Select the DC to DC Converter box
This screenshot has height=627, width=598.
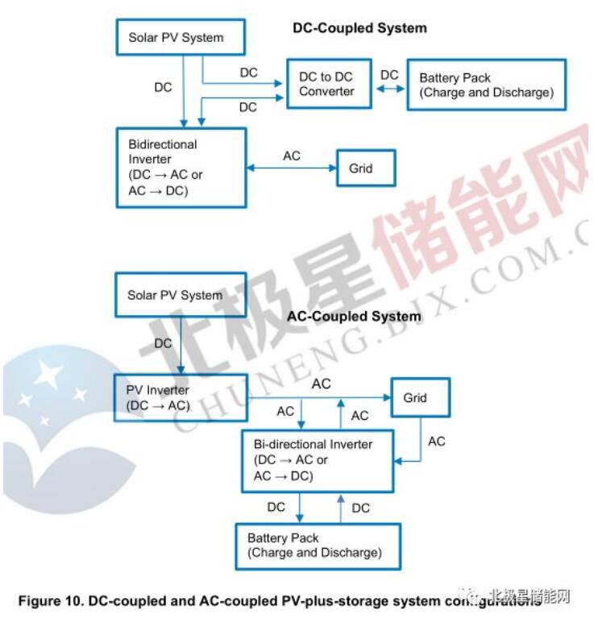pyautogui.click(x=328, y=85)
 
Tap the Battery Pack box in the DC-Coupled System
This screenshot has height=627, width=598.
pyautogui.click(x=486, y=85)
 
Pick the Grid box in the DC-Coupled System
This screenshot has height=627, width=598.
pyautogui.click(x=365, y=168)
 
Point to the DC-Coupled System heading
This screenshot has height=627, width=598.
pyautogui.click(x=359, y=28)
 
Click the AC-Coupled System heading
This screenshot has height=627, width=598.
pyautogui.click(x=355, y=317)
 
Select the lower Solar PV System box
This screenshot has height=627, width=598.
pyautogui.click(x=174, y=295)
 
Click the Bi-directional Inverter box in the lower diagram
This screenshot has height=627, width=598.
pyautogui.click(x=318, y=460)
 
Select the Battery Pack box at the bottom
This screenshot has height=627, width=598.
pyautogui.click(x=318, y=546)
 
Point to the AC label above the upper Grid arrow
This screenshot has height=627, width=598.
pyautogui.click(x=292, y=156)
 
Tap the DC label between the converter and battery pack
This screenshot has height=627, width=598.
pyautogui.click(x=389, y=75)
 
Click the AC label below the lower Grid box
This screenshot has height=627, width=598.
pyautogui.click(x=436, y=441)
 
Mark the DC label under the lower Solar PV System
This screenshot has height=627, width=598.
pyautogui.click(x=163, y=343)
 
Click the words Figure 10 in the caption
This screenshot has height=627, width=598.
pyautogui.click(x=49, y=600)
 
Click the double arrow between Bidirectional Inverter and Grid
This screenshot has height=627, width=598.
pyautogui.click(x=291, y=168)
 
